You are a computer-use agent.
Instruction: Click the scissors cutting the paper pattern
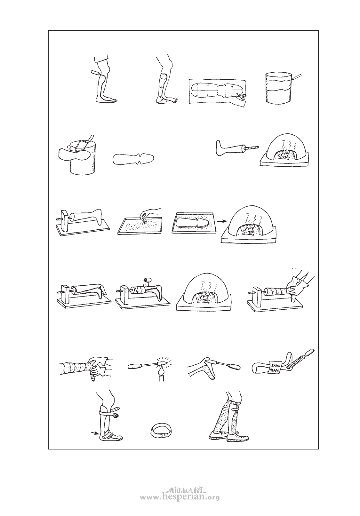pyautogui.click(x=241, y=97)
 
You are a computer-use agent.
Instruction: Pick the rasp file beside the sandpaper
pyautogui.click(x=300, y=360)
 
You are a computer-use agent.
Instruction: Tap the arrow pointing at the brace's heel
pyautogui.click(x=94, y=433)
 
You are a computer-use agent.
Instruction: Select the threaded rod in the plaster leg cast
pyautogui.click(x=252, y=147)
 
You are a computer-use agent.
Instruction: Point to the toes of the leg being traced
pyautogui.click(x=114, y=100)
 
